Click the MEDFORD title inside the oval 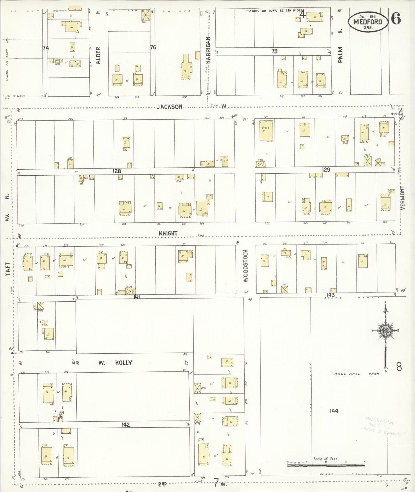pos(368,22)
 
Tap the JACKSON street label pos(169,107)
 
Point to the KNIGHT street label pos(168,233)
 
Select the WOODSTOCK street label pos(246,266)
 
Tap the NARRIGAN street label pos(209,50)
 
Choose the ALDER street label pos(98,55)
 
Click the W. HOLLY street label pos(115,363)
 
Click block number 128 pos(117,171)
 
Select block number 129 pos(326,170)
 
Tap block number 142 pos(126,425)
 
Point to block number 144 pos(334,411)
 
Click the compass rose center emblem pos(385,330)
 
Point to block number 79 pos(274,51)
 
